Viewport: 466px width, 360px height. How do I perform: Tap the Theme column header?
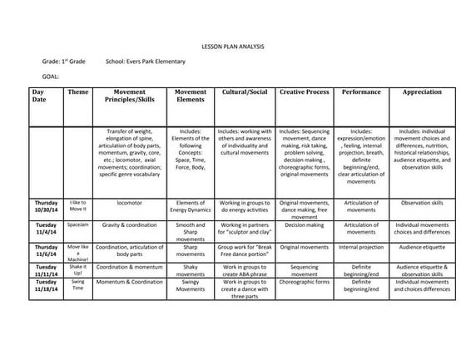point(77,92)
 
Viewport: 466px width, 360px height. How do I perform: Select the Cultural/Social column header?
point(245,92)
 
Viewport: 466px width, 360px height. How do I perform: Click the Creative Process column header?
point(304,92)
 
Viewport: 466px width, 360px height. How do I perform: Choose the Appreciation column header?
point(422,92)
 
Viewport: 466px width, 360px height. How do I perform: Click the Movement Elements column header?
point(191,96)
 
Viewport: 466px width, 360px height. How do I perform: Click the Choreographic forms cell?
point(304,283)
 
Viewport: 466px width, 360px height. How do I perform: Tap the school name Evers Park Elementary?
point(146,62)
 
